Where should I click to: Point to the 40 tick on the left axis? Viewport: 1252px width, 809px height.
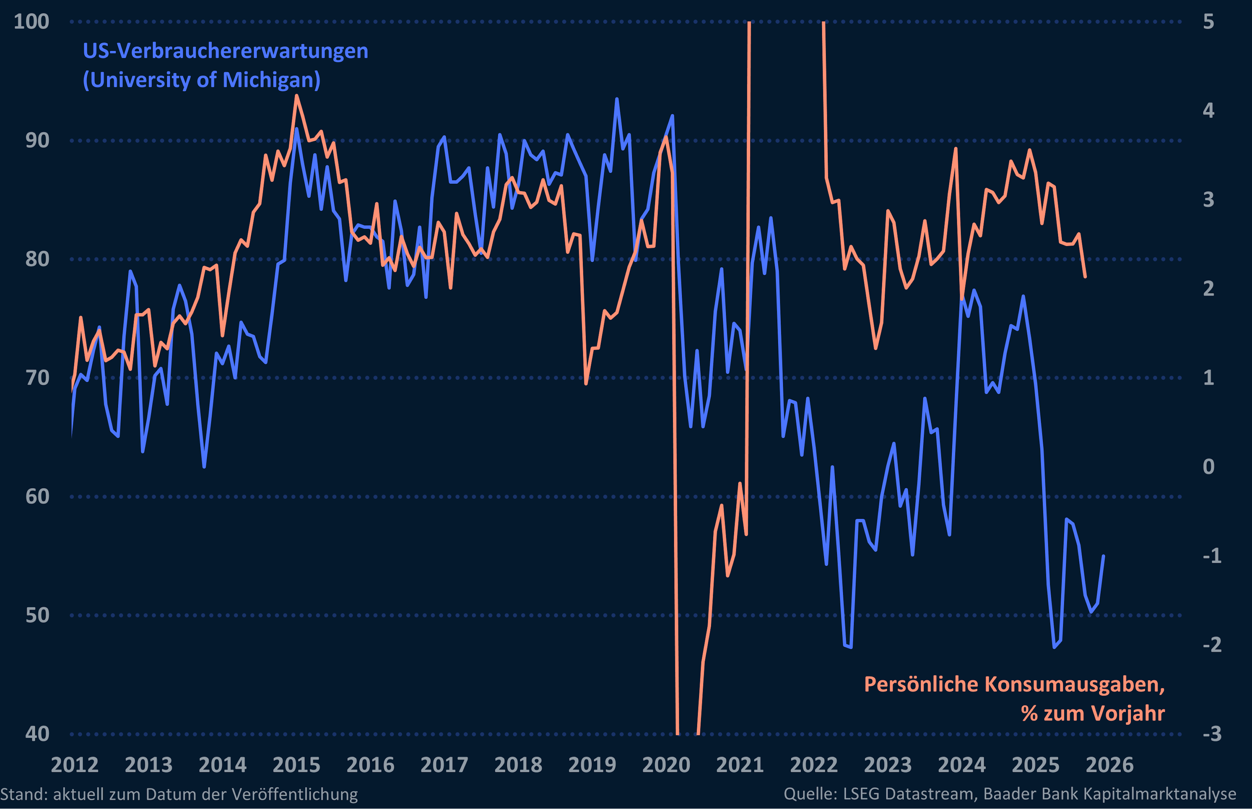(37, 734)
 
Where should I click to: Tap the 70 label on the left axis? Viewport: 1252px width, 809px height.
(37, 378)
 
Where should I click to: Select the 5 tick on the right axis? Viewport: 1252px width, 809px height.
(1208, 22)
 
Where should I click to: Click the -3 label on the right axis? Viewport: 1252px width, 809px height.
(1212, 734)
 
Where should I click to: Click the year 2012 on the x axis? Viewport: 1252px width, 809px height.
(75, 765)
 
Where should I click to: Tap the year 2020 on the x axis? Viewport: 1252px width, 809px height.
(666, 765)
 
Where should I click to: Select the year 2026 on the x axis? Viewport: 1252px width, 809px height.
(1109, 765)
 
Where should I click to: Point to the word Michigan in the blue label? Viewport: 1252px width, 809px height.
(271, 80)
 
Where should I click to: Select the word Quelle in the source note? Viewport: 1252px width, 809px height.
(809, 794)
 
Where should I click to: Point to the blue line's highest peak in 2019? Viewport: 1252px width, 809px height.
(617, 99)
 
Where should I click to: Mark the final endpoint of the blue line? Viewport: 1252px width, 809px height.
(1103, 556)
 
